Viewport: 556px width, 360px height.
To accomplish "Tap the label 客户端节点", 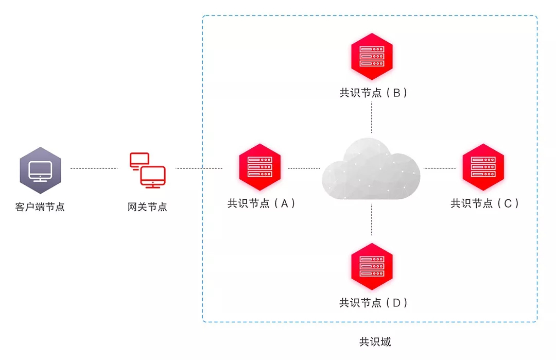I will pyautogui.click(x=40, y=208).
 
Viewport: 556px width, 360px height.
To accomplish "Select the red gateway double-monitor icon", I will pyautogui.click(x=147, y=169).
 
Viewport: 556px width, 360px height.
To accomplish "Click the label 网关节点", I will pyautogui.click(x=147, y=207).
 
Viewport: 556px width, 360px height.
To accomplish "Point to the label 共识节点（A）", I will pyautogui.click(x=262, y=203).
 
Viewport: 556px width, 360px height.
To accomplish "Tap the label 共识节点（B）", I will pyautogui.click(x=373, y=93).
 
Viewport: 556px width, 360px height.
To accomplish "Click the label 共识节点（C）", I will pyautogui.click(x=484, y=203).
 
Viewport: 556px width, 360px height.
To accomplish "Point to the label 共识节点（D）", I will pyautogui.click(x=373, y=303).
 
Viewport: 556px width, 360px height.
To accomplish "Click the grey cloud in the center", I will pyautogui.click(x=371, y=170).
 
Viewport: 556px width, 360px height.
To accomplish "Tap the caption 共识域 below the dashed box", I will pyautogui.click(x=375, y=342).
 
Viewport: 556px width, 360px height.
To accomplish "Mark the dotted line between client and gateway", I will pyautogui.click(x=94, y=168).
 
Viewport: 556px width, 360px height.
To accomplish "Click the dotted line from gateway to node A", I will pyautogui.click(x=199, y=168).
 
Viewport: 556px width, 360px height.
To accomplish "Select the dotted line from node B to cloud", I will pyautogui.click(x=372, y=117).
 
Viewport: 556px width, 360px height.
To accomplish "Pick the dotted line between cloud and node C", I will pyautogui.click(x=439, y=168).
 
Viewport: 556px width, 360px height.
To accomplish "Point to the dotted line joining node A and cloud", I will pyautogui.click(x=304, y=168).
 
